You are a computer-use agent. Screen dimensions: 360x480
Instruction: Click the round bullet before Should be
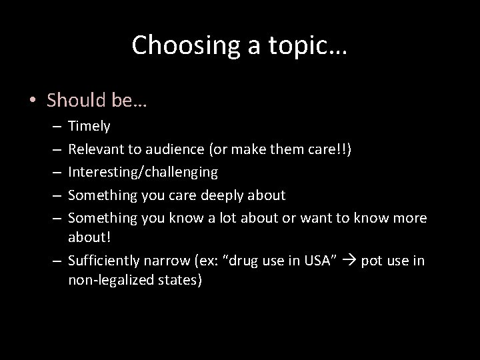33,101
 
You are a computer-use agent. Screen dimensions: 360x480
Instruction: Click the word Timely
89,125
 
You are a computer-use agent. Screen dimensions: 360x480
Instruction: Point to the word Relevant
96,149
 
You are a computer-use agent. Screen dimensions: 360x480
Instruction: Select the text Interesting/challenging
143,172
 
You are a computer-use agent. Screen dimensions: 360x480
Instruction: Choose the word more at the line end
409,218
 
